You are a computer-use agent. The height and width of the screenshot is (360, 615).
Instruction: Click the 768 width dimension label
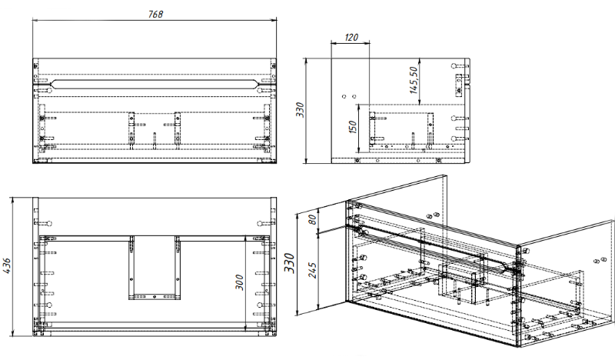156,14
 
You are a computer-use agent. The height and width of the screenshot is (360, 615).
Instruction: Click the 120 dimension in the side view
351,36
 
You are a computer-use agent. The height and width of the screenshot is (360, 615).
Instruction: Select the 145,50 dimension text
413,80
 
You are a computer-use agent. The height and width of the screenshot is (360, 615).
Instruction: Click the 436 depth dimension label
7,264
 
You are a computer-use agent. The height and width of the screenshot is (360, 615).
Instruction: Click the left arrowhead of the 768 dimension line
35,22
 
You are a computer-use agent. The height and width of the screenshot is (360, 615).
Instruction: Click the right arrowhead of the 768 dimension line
275,22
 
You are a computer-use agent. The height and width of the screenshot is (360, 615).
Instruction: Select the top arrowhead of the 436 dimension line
15,198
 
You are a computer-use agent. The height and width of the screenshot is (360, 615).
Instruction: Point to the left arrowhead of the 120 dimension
332,42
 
